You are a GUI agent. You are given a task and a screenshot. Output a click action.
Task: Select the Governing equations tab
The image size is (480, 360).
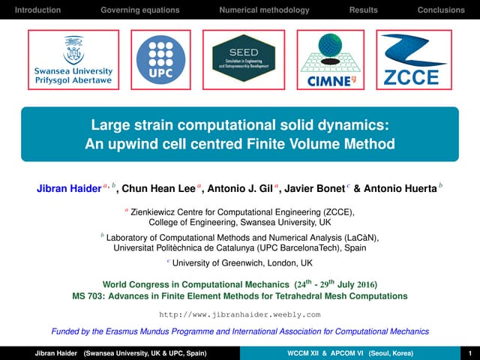click(x=140, y=10)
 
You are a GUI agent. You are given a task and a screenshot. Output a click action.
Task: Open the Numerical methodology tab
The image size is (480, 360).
click(x=264, y=10)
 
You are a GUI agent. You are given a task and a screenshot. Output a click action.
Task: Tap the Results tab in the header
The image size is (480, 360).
click(x=364, y=10)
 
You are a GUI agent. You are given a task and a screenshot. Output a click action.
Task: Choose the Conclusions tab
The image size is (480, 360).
click(x=441, y=10)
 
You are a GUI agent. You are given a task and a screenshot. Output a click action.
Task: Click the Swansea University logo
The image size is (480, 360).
click(x=73, y=58)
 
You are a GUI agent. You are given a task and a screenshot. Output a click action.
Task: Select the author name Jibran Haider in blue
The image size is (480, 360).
click(x=69, y=189)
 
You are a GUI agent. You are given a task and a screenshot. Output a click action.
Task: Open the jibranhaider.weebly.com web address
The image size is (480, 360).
click(x=240, y=313)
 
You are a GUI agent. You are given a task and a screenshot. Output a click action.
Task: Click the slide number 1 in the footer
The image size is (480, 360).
click(x=469, y=352)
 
